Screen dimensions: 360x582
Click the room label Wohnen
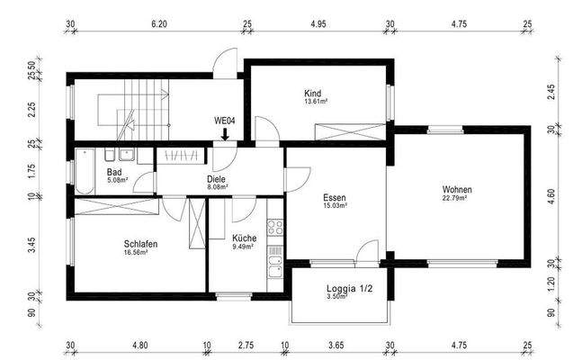[457, 190]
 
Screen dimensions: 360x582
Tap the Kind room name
[313, 93]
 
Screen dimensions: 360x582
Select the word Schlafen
[142, 244]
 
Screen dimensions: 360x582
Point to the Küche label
[244, 238]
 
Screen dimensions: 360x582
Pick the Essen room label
[335, 197]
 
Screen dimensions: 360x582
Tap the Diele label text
[217, 178]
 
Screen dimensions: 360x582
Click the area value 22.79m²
[457, 199]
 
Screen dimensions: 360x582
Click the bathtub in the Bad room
[84, 170]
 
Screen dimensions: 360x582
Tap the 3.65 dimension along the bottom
[336, 344]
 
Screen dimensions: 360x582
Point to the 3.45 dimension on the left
[31, 242]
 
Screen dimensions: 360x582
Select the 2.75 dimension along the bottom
[245, 344]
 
